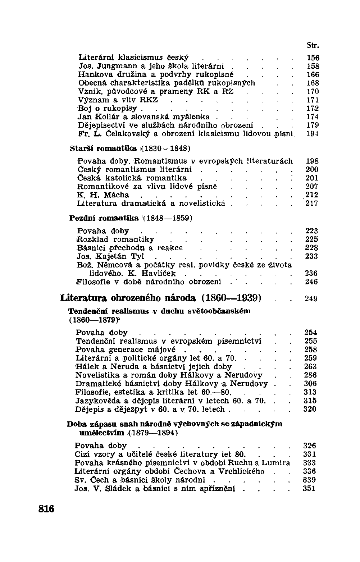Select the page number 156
[313, 58]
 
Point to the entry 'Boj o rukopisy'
[108, 108]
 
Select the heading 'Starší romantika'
[104, 148]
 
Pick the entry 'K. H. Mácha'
[103, 195]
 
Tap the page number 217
[312, 204]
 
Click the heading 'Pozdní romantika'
[104, 218]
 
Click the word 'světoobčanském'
[220, 311]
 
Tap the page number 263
[311, 367]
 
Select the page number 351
[310, 488]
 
